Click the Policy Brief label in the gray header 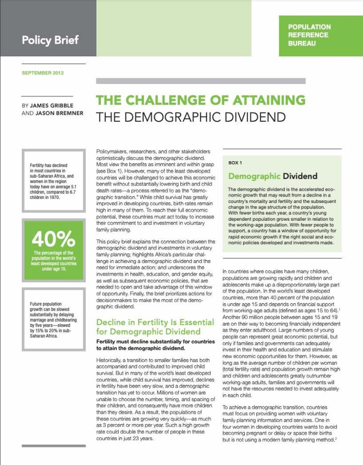pyautogui.click(x=50, y=40)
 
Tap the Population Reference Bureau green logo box pyautogui.click(x=321, y=35)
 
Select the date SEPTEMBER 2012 pyautogui.click(x=43, y=73)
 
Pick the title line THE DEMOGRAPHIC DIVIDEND pyautogui.click(x=190, y=117)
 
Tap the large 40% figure pyautogui.click(x=53, y=237)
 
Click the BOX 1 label pyautogui.click(x=236, y=163)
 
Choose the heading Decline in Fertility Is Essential pyautogui.click(x=155, y=322)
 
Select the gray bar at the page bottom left pyautogui.click(x=53, y=446)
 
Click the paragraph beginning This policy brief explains pyautogui.click(x=155, y=274)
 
